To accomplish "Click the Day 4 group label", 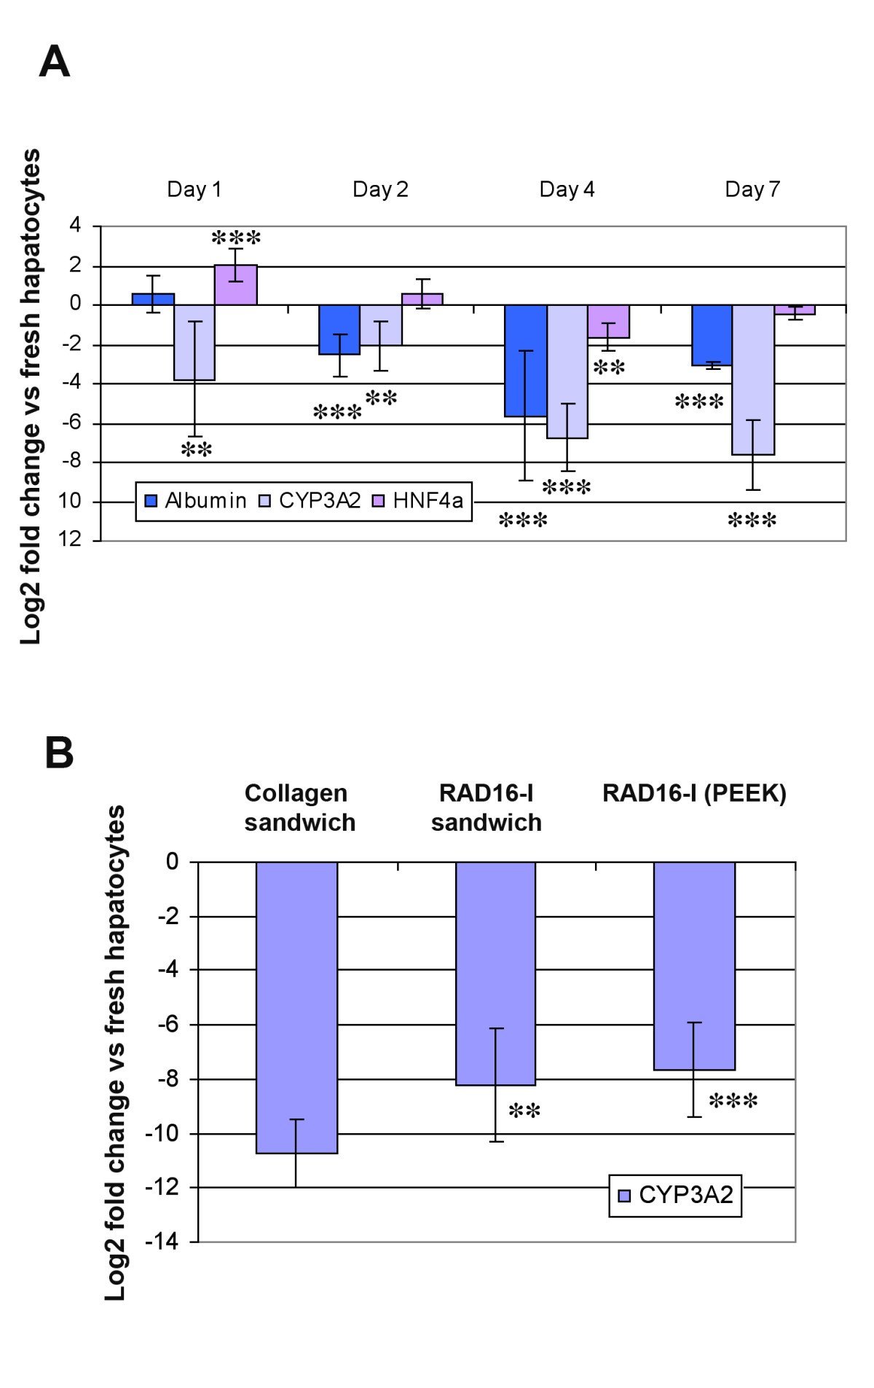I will [567, 189].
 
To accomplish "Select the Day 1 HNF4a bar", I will [235, 285].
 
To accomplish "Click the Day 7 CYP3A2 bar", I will [753, 379].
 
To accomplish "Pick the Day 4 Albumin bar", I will [526, 360].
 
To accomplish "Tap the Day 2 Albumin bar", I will [339, 329].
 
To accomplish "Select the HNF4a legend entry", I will [419, 501].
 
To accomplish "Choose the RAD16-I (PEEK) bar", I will [694, 966].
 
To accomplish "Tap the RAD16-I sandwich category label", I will [486, 808].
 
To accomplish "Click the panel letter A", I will [54, 62].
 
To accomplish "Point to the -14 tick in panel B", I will [162, 1242].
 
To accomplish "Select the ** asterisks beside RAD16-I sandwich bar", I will [524, 1111].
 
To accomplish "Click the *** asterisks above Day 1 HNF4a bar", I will [236, 238].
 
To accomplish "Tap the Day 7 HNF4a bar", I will [795, 309].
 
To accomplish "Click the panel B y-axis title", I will [115, 1052].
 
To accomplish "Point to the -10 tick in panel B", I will [162, 1134].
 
